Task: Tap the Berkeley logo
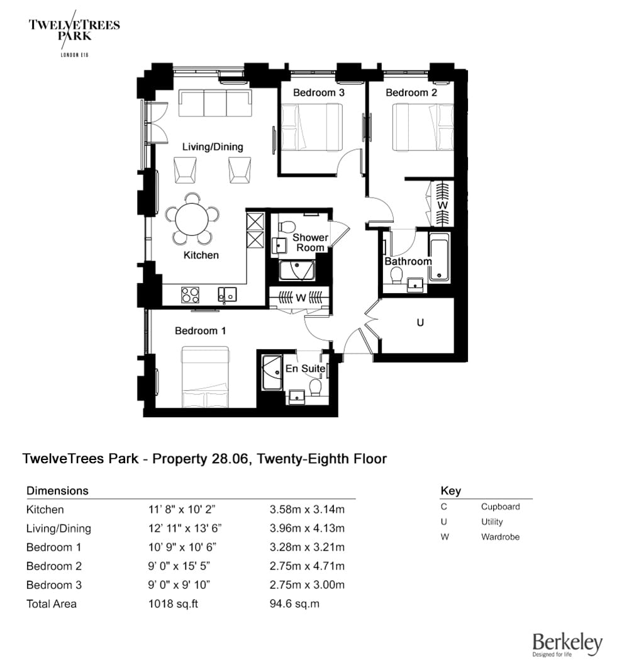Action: (x=567, y=644)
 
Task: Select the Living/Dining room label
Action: (x=213, y=147)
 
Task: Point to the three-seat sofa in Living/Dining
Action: (x=214, y=103)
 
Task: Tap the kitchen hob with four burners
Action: (x=191, y=294)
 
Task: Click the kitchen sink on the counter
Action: (x=226, y=294)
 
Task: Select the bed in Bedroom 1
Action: (x=206, y=377)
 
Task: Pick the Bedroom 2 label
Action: (x=411, y=92)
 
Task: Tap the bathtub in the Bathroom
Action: (x=439, y=257)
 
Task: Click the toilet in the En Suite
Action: (x=316, y=386)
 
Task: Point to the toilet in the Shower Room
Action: (x=286, y=225)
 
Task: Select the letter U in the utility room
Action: (x=421, y=322)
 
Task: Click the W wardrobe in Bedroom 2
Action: (x=442, y=205)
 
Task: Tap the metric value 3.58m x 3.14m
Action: (x=306, y=510)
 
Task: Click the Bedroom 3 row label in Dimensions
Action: (x=54, y=585)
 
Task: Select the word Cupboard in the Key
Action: (x=500, y=507)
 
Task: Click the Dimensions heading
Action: (x=57, y=491)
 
